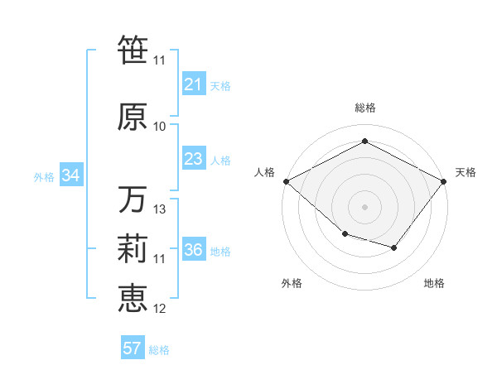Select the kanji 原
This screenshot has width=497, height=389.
point(133,117)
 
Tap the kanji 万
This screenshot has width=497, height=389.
point(133,199)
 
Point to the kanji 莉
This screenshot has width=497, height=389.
point(133,250)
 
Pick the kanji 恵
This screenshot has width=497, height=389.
point(133,299)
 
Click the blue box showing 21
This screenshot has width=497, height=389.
point(193,84)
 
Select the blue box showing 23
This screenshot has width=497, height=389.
point(193,159)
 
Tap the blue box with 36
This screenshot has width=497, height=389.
point(193,251)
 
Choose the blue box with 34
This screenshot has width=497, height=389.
point(70,175)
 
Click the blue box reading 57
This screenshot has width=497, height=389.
point(133,348)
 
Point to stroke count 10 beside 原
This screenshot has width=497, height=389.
point(160,127)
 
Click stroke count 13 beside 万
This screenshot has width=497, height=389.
point(160,209)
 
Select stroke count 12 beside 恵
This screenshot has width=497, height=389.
point(160,309)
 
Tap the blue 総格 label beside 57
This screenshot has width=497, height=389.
point(159,350)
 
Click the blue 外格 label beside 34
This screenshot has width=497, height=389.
point(44,176)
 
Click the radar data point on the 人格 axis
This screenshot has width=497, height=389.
point(286,180)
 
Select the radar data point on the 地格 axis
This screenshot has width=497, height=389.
point(394,247)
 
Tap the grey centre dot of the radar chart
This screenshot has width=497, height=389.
point(364,206)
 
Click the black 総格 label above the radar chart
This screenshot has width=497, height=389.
point(365,108)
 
